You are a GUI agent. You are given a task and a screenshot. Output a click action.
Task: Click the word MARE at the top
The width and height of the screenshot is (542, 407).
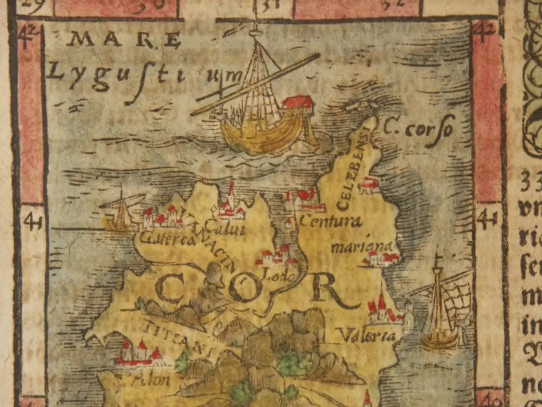(125, 41)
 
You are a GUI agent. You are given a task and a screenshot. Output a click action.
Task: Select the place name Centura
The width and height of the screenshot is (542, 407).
(331, 221)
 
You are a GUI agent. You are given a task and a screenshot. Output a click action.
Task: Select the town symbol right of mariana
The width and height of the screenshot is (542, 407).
(381, 259)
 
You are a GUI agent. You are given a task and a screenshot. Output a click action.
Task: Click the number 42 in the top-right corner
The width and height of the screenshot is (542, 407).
(485, 32)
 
